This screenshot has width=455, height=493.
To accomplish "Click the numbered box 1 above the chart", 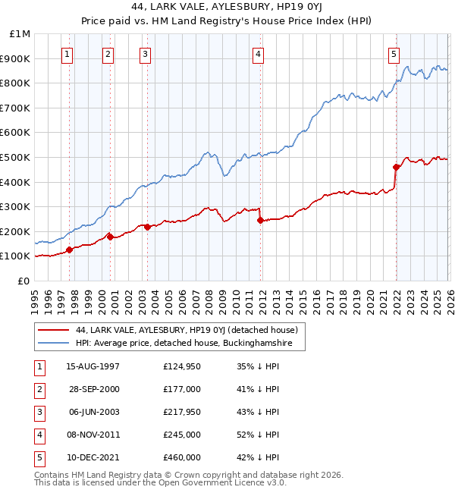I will [68, 54].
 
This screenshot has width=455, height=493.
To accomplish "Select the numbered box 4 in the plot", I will [259, 54].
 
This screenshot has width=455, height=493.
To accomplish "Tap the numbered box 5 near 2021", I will [394, 54].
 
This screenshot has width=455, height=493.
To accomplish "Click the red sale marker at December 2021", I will [396, 167].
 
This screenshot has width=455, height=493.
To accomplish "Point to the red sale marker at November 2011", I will [260, 221].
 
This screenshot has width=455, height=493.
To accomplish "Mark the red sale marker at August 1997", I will [69, 250].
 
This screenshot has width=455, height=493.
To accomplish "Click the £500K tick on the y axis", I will [15, 157].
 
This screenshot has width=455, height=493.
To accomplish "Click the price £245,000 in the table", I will [182, 435].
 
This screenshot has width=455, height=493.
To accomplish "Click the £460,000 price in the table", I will [182, 457].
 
